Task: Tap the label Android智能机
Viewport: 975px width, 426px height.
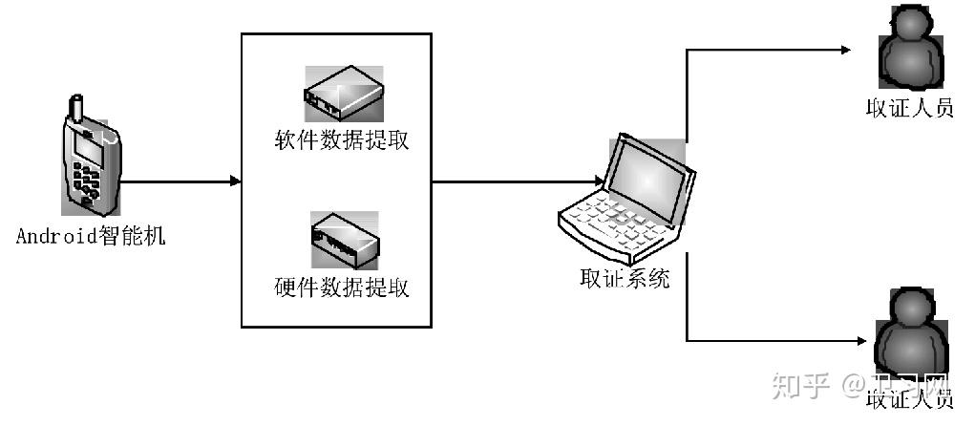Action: tap(91, 236)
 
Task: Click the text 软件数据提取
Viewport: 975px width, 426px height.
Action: tap(342, 141)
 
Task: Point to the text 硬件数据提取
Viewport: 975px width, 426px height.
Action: tap(342, 287)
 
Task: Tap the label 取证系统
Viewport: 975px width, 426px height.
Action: tap(625, 279)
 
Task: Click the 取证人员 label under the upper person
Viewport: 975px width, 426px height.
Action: tap(909, 107)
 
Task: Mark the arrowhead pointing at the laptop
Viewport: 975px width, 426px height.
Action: tap(597, 181)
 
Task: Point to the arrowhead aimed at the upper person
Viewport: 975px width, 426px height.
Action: tap(844, 49)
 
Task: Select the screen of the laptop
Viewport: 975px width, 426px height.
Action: tap(649, 177)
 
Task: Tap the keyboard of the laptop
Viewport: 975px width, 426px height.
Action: tap(611, 224)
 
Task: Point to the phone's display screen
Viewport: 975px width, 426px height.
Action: tap(90, 148)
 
